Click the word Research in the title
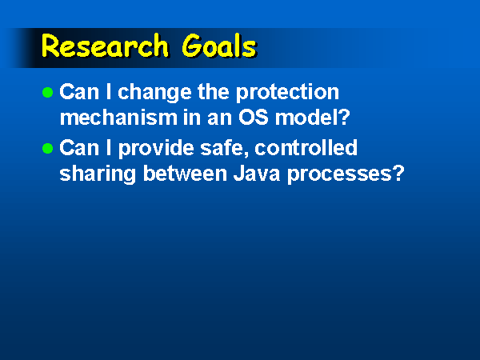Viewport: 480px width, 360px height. pos(105,46)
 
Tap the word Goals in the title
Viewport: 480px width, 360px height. pos(219,46)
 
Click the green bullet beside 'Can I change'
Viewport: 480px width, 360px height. pos(47,92)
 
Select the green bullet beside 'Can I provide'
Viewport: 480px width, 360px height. pos(47,149)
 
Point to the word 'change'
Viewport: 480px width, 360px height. pos(154,93)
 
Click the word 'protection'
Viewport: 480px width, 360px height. pos(287,93)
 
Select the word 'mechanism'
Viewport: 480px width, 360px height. pos(118,118)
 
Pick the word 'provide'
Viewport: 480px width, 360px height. pos(156,149)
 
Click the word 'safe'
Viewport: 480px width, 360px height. pos(222,148)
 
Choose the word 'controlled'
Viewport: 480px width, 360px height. pos(306,148)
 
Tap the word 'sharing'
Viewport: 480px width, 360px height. pos(98,174)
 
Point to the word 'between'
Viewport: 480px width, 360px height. pos(185,174)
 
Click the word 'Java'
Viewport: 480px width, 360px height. pos(257,174)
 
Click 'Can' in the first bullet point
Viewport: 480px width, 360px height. pos(79,92)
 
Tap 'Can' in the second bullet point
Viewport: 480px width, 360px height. pos(79,148)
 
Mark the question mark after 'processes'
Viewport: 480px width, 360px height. pos(398,174)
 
